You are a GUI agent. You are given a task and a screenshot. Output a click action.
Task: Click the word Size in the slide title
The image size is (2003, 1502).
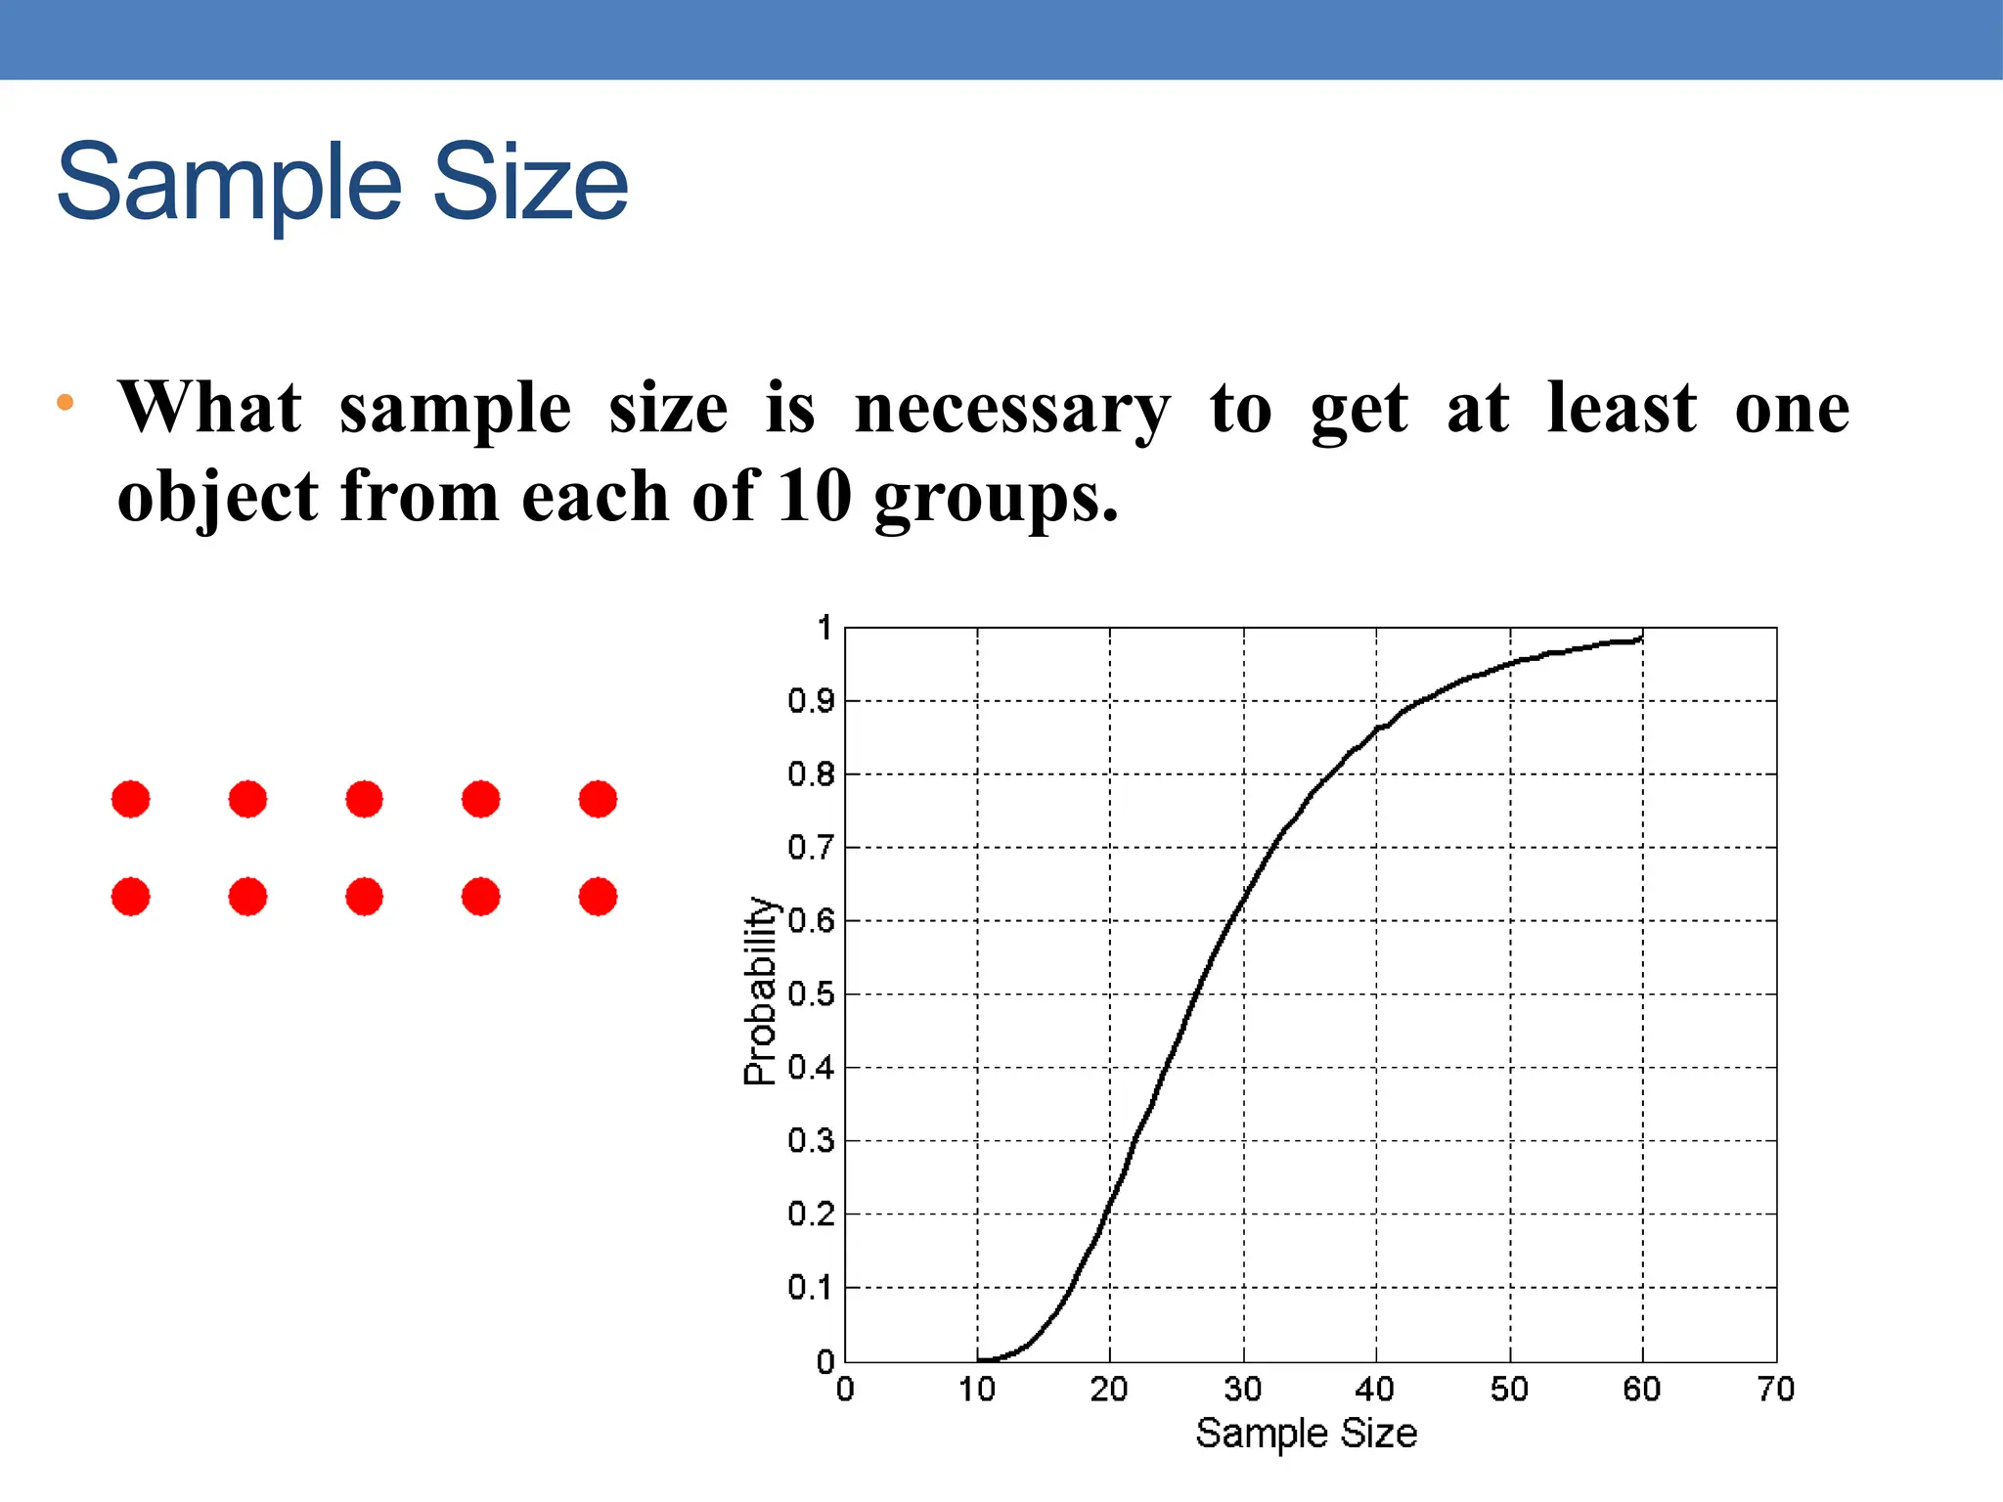[529, 184]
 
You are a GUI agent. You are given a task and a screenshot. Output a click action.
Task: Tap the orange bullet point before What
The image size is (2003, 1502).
[66, 402]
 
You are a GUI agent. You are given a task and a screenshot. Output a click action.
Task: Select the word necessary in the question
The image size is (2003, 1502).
[1011, 409]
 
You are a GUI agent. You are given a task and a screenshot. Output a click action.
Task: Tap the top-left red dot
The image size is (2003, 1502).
[131, 799]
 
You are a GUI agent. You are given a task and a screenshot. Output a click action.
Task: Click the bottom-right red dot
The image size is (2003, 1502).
[598, 897]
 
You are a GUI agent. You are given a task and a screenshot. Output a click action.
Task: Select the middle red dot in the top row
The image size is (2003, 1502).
[364, 799]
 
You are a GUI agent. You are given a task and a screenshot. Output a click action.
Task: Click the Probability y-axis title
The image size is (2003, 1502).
[760, 991]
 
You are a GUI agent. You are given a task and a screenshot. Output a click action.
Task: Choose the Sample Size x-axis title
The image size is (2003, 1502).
[1306, 1434]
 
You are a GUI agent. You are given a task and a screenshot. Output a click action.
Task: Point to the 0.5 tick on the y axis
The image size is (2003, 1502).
[811, 994]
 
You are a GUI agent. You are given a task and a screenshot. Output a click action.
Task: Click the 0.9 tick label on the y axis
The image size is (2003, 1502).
[811, 701]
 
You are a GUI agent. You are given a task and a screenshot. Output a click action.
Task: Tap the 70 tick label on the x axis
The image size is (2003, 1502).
[1775, 1390]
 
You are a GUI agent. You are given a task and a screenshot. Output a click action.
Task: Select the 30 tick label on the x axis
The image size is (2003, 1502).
[1243, 1390]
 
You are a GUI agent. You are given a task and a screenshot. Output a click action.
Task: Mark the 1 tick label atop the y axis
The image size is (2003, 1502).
[825, 628]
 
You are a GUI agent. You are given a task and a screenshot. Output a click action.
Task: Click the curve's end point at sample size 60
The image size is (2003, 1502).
[1641, 640]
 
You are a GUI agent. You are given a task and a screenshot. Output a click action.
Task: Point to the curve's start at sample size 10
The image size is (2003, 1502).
[978, 1359]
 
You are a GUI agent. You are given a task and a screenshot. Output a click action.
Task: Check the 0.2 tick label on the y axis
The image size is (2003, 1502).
[811, 1215]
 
